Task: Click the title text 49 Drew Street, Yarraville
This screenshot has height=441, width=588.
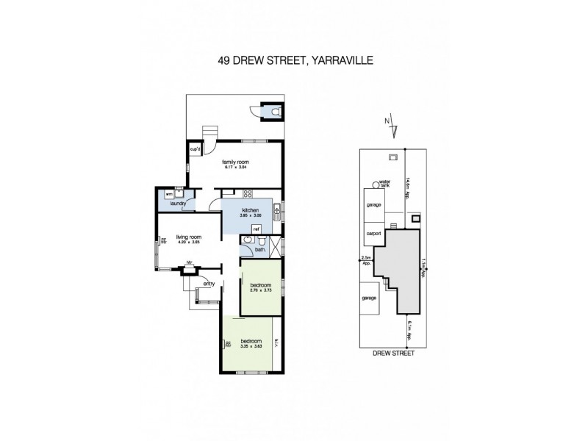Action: (295, 62)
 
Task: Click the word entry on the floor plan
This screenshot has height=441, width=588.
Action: (209, 283)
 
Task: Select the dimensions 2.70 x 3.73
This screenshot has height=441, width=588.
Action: (262, 291)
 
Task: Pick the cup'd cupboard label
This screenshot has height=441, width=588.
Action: (196, 149)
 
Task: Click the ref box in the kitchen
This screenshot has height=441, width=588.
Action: (257, 229)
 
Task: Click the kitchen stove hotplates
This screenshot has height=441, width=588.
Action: (248, 194)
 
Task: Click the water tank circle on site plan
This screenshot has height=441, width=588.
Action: (376, 184)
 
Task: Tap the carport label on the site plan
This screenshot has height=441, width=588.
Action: (373, 234)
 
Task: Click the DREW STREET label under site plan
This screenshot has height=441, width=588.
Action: (393, 354)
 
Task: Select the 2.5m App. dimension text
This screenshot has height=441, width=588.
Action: (365, 259)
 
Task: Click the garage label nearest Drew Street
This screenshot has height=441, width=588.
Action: (369, 299)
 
